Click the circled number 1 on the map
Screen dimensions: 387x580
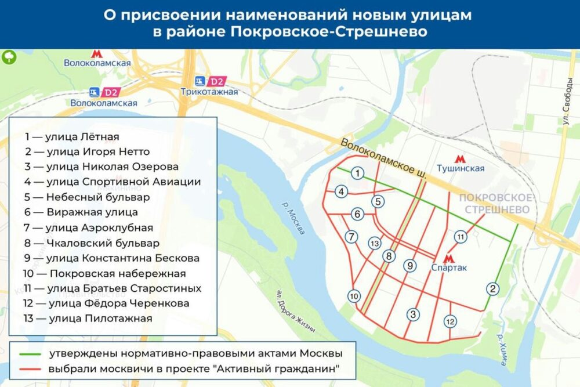pos(358,173)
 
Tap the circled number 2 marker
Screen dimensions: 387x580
pos(493,289)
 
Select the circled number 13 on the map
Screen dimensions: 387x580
pos(375,243)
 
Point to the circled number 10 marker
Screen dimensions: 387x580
pos(354,296)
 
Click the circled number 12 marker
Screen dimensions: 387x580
pos(450,321)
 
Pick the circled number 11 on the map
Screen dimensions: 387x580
pos(461,237)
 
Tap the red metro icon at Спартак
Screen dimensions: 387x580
pos(448,258)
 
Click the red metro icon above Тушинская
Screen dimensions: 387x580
pos(460,157)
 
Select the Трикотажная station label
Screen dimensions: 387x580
pos(209,92)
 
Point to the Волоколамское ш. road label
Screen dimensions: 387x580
pos(383,158)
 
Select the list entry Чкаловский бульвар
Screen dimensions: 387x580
pos(91,243)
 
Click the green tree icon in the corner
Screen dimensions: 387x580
pos(9,57)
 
